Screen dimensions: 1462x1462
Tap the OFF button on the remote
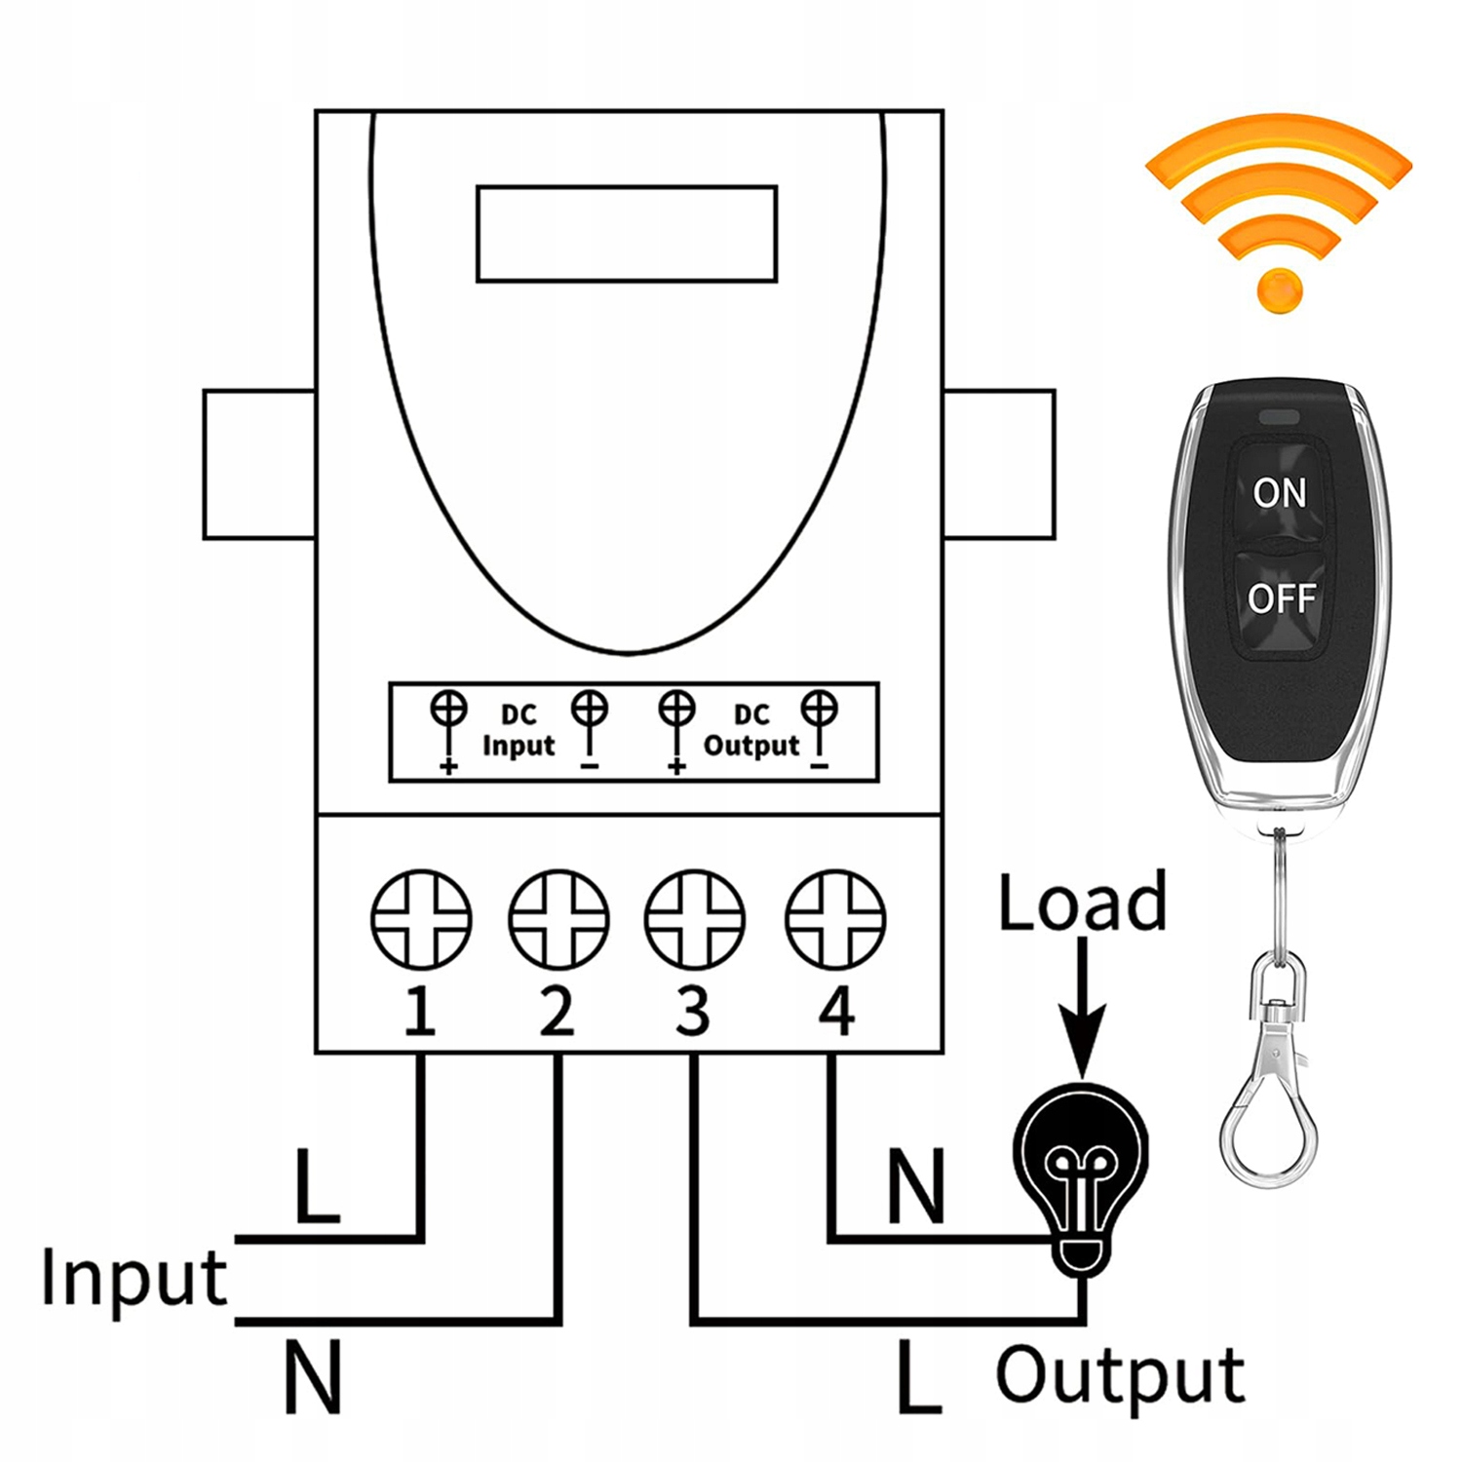click(x=1281, y=597)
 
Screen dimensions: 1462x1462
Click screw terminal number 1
click(x=421, y=919)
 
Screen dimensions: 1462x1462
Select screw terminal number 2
click(x=558, y=919)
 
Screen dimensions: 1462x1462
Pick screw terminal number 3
click(x=695, y=919)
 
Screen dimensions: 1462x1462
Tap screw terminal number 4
click(x=835, y=919)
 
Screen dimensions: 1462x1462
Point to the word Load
click(x=1082, y=903)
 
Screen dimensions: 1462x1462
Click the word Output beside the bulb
click(x=1120, y=1376)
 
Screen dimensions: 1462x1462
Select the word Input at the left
click(x=134, y=1278)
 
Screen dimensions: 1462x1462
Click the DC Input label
click(x=518, y=731)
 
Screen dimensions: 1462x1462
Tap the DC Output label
click(x=750, y=731)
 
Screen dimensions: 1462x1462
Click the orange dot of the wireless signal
click(x=1280, y=289)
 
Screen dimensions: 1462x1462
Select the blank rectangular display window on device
click(x=626, y=234)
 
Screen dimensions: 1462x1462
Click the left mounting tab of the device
click(x=259, y=464)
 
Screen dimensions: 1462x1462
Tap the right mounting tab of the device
click(x=999, y=464)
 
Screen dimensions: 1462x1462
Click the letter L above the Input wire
click(x=317, y=1186)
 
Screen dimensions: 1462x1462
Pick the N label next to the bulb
click(x=916, y=1186)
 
